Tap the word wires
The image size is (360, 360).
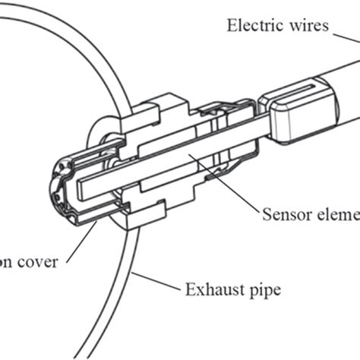click(306, 25)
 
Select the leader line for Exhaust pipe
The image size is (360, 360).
click(156, 282)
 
